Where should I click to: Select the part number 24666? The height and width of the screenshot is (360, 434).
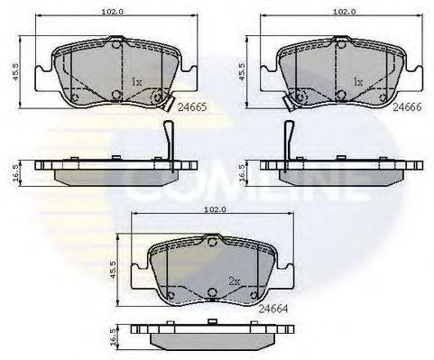(x=411, y=106)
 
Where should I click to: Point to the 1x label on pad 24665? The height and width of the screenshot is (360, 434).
(x=137, y=82)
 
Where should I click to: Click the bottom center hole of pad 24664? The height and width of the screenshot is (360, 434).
(x=210, y=291)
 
